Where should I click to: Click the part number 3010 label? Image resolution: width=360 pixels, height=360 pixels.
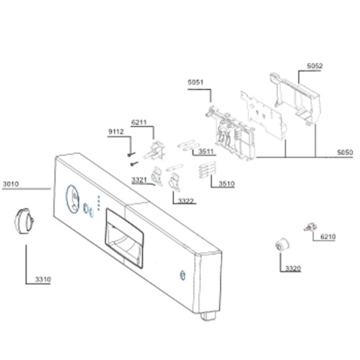[x=10, y=184]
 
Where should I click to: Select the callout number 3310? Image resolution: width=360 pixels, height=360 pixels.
[x=43, y=279]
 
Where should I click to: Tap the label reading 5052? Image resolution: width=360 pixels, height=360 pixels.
[x=315, y=66]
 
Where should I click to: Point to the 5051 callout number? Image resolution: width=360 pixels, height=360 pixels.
[x=196, y=82]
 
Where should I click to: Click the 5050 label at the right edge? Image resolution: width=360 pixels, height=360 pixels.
[x=345, y=153]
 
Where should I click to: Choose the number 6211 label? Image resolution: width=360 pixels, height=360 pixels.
[x=139, y=122]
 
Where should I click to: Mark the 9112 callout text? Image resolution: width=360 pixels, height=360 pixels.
[x=116, y=132]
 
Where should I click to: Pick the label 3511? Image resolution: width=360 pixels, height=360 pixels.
[x=206, y=151]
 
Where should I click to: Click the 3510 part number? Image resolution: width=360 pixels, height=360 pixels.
[x=226, y=184]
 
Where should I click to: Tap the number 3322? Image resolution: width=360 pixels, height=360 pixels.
[x=186, y=201]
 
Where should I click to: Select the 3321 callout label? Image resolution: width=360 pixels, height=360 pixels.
[x=139, y=180]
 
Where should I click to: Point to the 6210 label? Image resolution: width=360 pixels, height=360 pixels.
[x=328, y=236]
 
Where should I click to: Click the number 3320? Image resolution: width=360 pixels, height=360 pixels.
[x=293, y=268]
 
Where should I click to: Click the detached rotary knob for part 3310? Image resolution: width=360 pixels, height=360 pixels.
[x=24, y=221]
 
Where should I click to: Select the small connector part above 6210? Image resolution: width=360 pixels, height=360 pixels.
[x=310, y=228]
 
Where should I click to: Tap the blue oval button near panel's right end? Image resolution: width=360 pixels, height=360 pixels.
[x=183, y=276]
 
